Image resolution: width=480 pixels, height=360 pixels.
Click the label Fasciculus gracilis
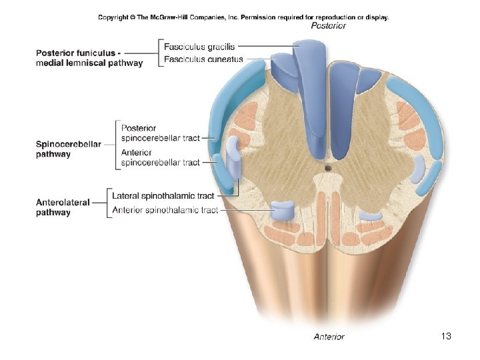point(199,46)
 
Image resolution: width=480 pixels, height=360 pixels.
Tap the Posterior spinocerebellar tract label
point(160,133)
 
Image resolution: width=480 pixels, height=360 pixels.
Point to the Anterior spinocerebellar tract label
point(160,157)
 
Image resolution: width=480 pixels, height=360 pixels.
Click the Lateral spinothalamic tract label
point(163,196)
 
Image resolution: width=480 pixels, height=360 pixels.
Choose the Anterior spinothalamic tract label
point(165,210)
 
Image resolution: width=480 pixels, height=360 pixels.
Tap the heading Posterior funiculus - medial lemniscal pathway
point(89,57)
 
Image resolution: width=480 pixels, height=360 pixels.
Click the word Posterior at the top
point(329,26)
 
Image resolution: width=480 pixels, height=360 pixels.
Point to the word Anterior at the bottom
point(329,337)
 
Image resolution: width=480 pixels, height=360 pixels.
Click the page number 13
point(446,336)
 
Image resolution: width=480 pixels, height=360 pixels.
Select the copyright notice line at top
point(243,17)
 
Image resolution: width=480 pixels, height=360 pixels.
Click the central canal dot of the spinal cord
point(327,168)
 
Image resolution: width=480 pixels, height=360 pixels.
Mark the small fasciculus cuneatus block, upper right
point(369,81)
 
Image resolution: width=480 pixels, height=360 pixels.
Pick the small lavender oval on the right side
point(419,171)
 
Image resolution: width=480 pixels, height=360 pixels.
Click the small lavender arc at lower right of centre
point(369,215)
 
